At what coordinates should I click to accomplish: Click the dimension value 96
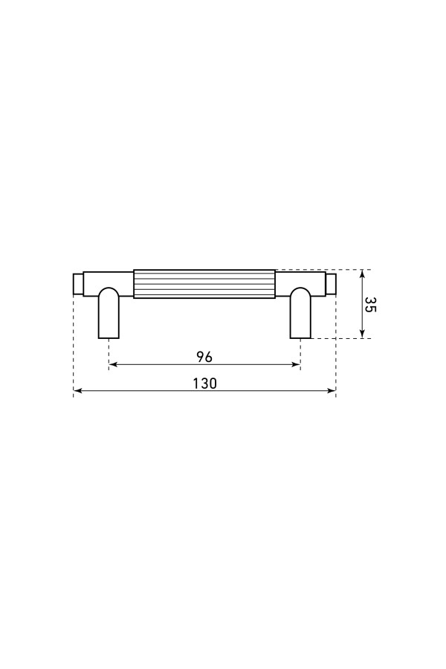click(204, 356)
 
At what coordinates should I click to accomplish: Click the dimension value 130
click(205, 383)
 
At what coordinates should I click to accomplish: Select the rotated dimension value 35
click(370, 304)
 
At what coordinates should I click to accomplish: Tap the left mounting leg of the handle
click(109, 313)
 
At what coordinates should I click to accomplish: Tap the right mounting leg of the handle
click(301, 313)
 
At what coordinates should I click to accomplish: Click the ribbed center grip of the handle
click(204, 284)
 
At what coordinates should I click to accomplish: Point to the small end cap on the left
click(78, 284)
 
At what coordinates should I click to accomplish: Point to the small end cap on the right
click(332, 284)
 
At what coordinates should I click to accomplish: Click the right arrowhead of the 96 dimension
click(296, 364)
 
